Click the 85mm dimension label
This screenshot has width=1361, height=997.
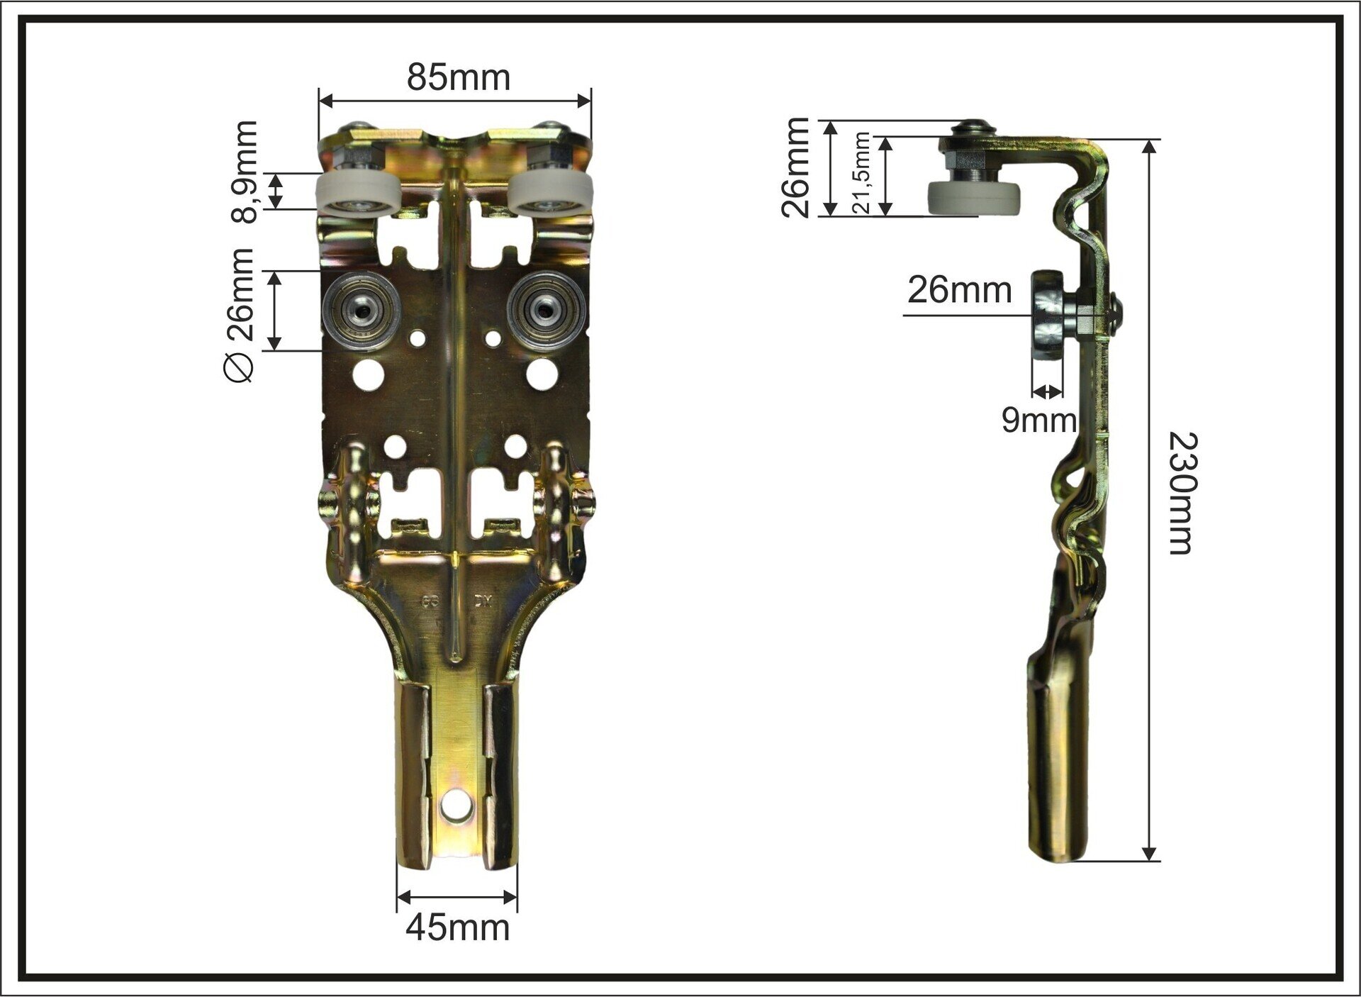tap(458, 77)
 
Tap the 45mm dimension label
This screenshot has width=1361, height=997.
tap(457, 928)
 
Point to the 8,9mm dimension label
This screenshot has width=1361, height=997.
tap(245, 172)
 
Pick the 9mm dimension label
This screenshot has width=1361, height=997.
tap(1039, 420)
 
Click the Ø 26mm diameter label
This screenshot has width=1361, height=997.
tap(238, 315)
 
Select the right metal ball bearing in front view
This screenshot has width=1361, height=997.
tap(546, 310)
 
